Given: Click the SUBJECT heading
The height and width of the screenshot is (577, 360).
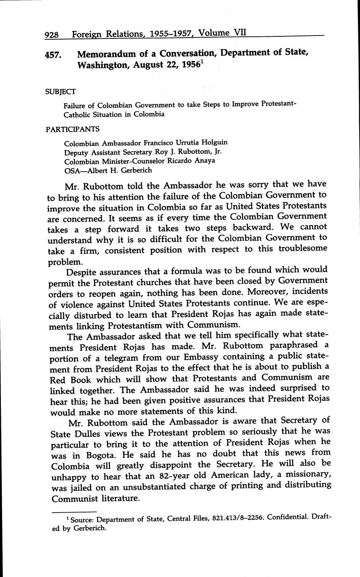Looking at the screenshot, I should [61, 91].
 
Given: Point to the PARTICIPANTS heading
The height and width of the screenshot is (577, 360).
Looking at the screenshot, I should [72, 129].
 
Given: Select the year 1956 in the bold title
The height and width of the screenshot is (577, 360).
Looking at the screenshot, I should [187, 66].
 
